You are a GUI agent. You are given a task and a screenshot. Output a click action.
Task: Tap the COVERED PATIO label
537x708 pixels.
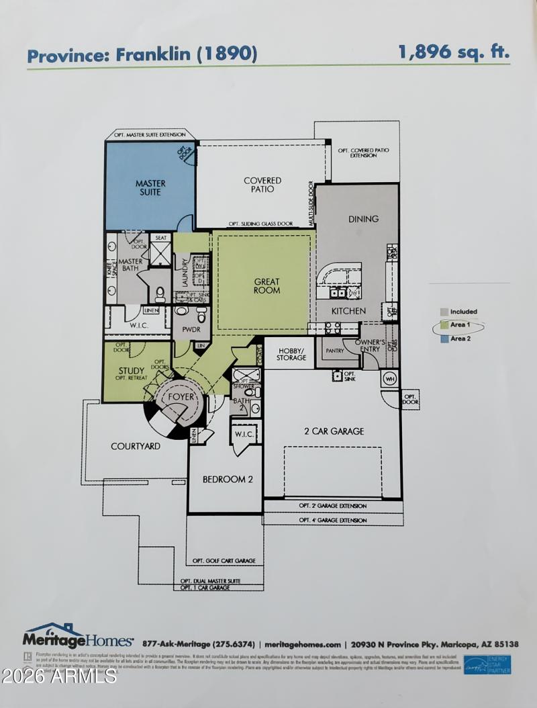pyautogui.click(x=262, y=185)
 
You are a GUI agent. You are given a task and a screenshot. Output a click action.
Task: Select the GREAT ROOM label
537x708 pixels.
pyautogui.click(x=266, y=286)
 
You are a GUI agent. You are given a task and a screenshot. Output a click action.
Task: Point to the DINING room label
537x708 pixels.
pyautogui.click(x=363, y=219)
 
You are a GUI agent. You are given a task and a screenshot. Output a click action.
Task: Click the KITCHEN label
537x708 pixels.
pyautogui.click(x=348, y=311)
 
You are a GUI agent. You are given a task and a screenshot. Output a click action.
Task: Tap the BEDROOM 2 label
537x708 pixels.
pyautogui.click(x=228, y=479)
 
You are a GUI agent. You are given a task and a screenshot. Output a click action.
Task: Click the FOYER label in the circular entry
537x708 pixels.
pyautogui.click(x=181, y=397)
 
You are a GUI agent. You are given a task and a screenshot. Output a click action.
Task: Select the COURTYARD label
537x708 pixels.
pyautogui.click(x=136, y=446)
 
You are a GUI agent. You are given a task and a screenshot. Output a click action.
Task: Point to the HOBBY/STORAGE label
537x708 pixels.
pyautogui.click(x=291, y=354)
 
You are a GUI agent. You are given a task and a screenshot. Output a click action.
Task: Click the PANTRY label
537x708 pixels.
pyautogui.click(x=335, y=351)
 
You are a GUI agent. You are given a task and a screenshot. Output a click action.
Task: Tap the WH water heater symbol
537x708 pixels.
pyautogui.click(x=389, y=378)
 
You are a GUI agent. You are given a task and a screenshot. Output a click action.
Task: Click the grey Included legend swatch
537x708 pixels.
pyautogui.click(x=444, y=312)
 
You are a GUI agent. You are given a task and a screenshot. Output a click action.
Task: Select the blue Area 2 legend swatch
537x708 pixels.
pyautogui.click(x=444, y=339)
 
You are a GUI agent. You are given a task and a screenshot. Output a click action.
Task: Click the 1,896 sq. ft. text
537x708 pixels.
pyautogui.click(x=454, y=52)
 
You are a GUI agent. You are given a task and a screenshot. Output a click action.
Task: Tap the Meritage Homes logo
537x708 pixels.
pyautogui.click(x=78, y=635)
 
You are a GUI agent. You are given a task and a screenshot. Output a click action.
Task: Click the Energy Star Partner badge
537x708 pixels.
pyautogui.click(x=487, y=664)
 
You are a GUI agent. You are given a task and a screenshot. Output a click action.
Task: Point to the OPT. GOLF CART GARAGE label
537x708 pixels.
pyautogui.click(x=224, y=560)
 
